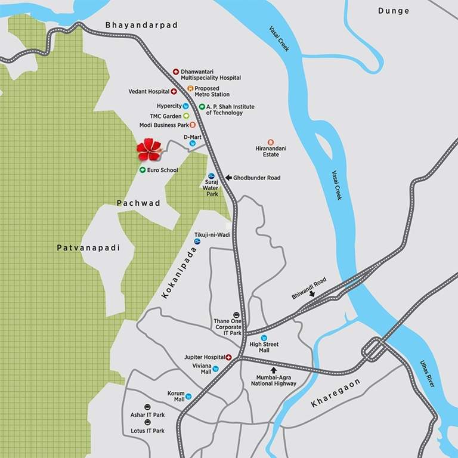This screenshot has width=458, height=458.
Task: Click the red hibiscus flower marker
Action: tap(149, 149)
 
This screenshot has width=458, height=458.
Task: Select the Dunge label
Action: tap(394, 11)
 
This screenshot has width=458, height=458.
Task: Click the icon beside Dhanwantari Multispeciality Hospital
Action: tap(176, 72)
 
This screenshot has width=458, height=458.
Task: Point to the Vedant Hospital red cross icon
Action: tap(174, 92)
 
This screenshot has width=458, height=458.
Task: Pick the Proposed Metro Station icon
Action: tap(190, 89)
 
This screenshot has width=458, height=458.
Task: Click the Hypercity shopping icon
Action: tap(186, 106)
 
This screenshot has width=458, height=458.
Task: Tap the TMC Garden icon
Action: tap(186, 116)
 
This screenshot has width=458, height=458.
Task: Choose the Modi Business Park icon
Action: tap(192, 125)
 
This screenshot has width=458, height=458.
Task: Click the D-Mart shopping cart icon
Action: tap(193, 144)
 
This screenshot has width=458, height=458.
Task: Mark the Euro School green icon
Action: tap(143, 170)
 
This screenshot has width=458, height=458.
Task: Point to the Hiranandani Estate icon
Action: tap(270, 142)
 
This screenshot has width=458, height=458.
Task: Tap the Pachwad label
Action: tap(139, 203)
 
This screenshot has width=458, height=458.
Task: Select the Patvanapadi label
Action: tap(88, 247)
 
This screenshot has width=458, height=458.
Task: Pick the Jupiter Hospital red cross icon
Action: tap(228, 357)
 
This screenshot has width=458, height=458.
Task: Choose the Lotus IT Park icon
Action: tap(139, 422)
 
